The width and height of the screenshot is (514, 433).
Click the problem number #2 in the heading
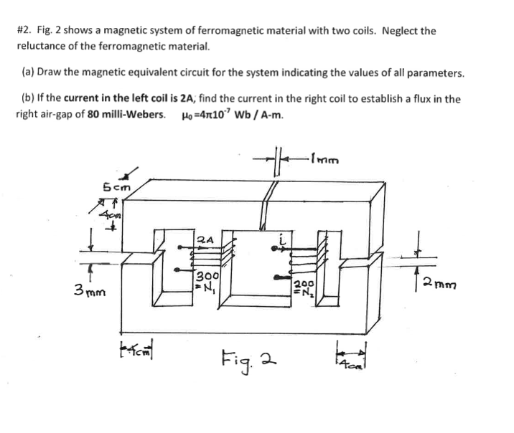pos(24,32)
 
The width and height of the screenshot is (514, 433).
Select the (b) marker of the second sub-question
pos(30,100)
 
